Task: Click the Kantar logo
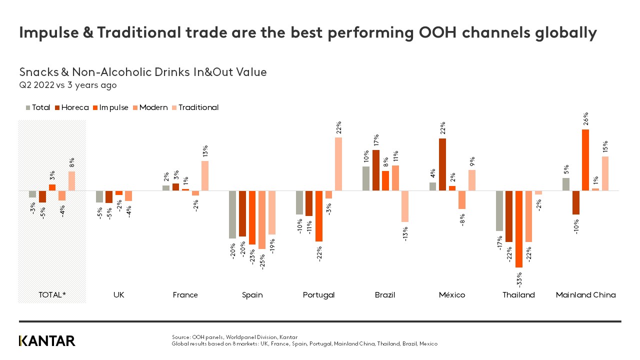click(47, 341)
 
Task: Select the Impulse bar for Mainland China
click(585, 160)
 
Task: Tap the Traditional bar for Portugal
click(338, 164)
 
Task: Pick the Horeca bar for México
click(442, 164)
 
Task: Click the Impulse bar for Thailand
click(519, 229)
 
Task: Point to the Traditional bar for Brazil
click(405, 206)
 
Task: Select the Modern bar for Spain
click(262, 220)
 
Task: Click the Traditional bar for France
click(205, 175)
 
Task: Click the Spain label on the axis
click(252, 295)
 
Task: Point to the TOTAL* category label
click(52, 295)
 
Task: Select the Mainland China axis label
click(585, 295)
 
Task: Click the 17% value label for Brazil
click(376, 139)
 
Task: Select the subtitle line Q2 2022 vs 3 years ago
click(68, 85)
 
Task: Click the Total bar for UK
click(99, 196)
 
